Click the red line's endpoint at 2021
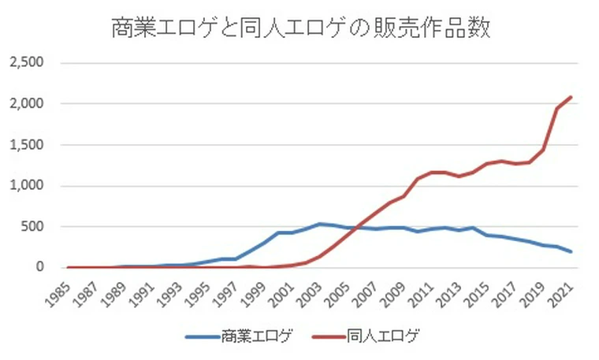click(x=571, y=97)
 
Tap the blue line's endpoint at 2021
click(x=571, y=252)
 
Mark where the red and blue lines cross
click(x=356, y=228)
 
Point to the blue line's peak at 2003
click(x=320, y=224)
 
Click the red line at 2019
click(x=543, y=150)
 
